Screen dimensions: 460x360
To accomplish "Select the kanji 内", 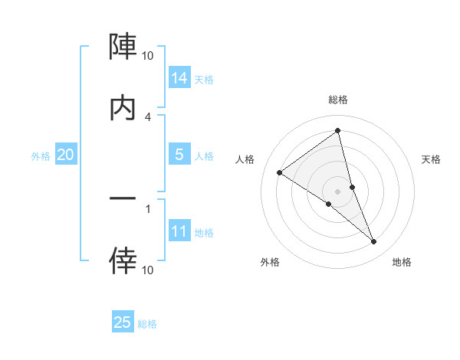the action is pyautogui.click(x=123, y=109).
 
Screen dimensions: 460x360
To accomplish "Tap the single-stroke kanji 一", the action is pyautogui.click(x=123, y=198).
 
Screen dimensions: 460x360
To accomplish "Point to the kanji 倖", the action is pyautogui.click(x=123, y=261).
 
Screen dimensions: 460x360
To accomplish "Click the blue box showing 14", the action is pyautogui.click(x=179, y=78).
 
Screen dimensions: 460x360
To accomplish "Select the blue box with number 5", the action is pyautogui.click(x=179, y=155).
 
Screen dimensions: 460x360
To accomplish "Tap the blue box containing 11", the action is pyautogui.click(x=179, y=231).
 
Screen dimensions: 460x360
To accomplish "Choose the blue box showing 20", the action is pyautogui.click(x=65, y=155).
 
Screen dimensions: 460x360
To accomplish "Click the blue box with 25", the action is pyautogui.click(x=123, y=322).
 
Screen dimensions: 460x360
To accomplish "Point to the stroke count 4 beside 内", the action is pyautogui.click(x=148, y=116).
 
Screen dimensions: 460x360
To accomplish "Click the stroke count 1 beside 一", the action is pyautogui.click(x=148, y=208).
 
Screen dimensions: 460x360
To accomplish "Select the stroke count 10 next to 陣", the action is pyautogui.click(x=148, y=55).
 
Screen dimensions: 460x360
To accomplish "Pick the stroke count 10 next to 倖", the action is pyautogui.click(x=148, y=270).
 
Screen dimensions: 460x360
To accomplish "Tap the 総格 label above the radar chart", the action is pyautogui.click(x=338, y=100).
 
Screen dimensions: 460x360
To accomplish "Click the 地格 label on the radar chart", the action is pyautogui.click(x=402, y=262).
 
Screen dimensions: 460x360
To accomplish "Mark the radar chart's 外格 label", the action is pyautogui.click(x=270, y=262).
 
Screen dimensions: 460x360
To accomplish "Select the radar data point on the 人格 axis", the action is pyautogui.click(x=280, y=172).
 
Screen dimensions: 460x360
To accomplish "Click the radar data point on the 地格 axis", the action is pyautogui.click(x=374, y=242).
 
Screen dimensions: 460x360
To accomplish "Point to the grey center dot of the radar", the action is pyautogui.click(x=338, y=191).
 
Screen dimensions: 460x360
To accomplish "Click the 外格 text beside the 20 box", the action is pyautogui.click(x=41, y=156).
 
